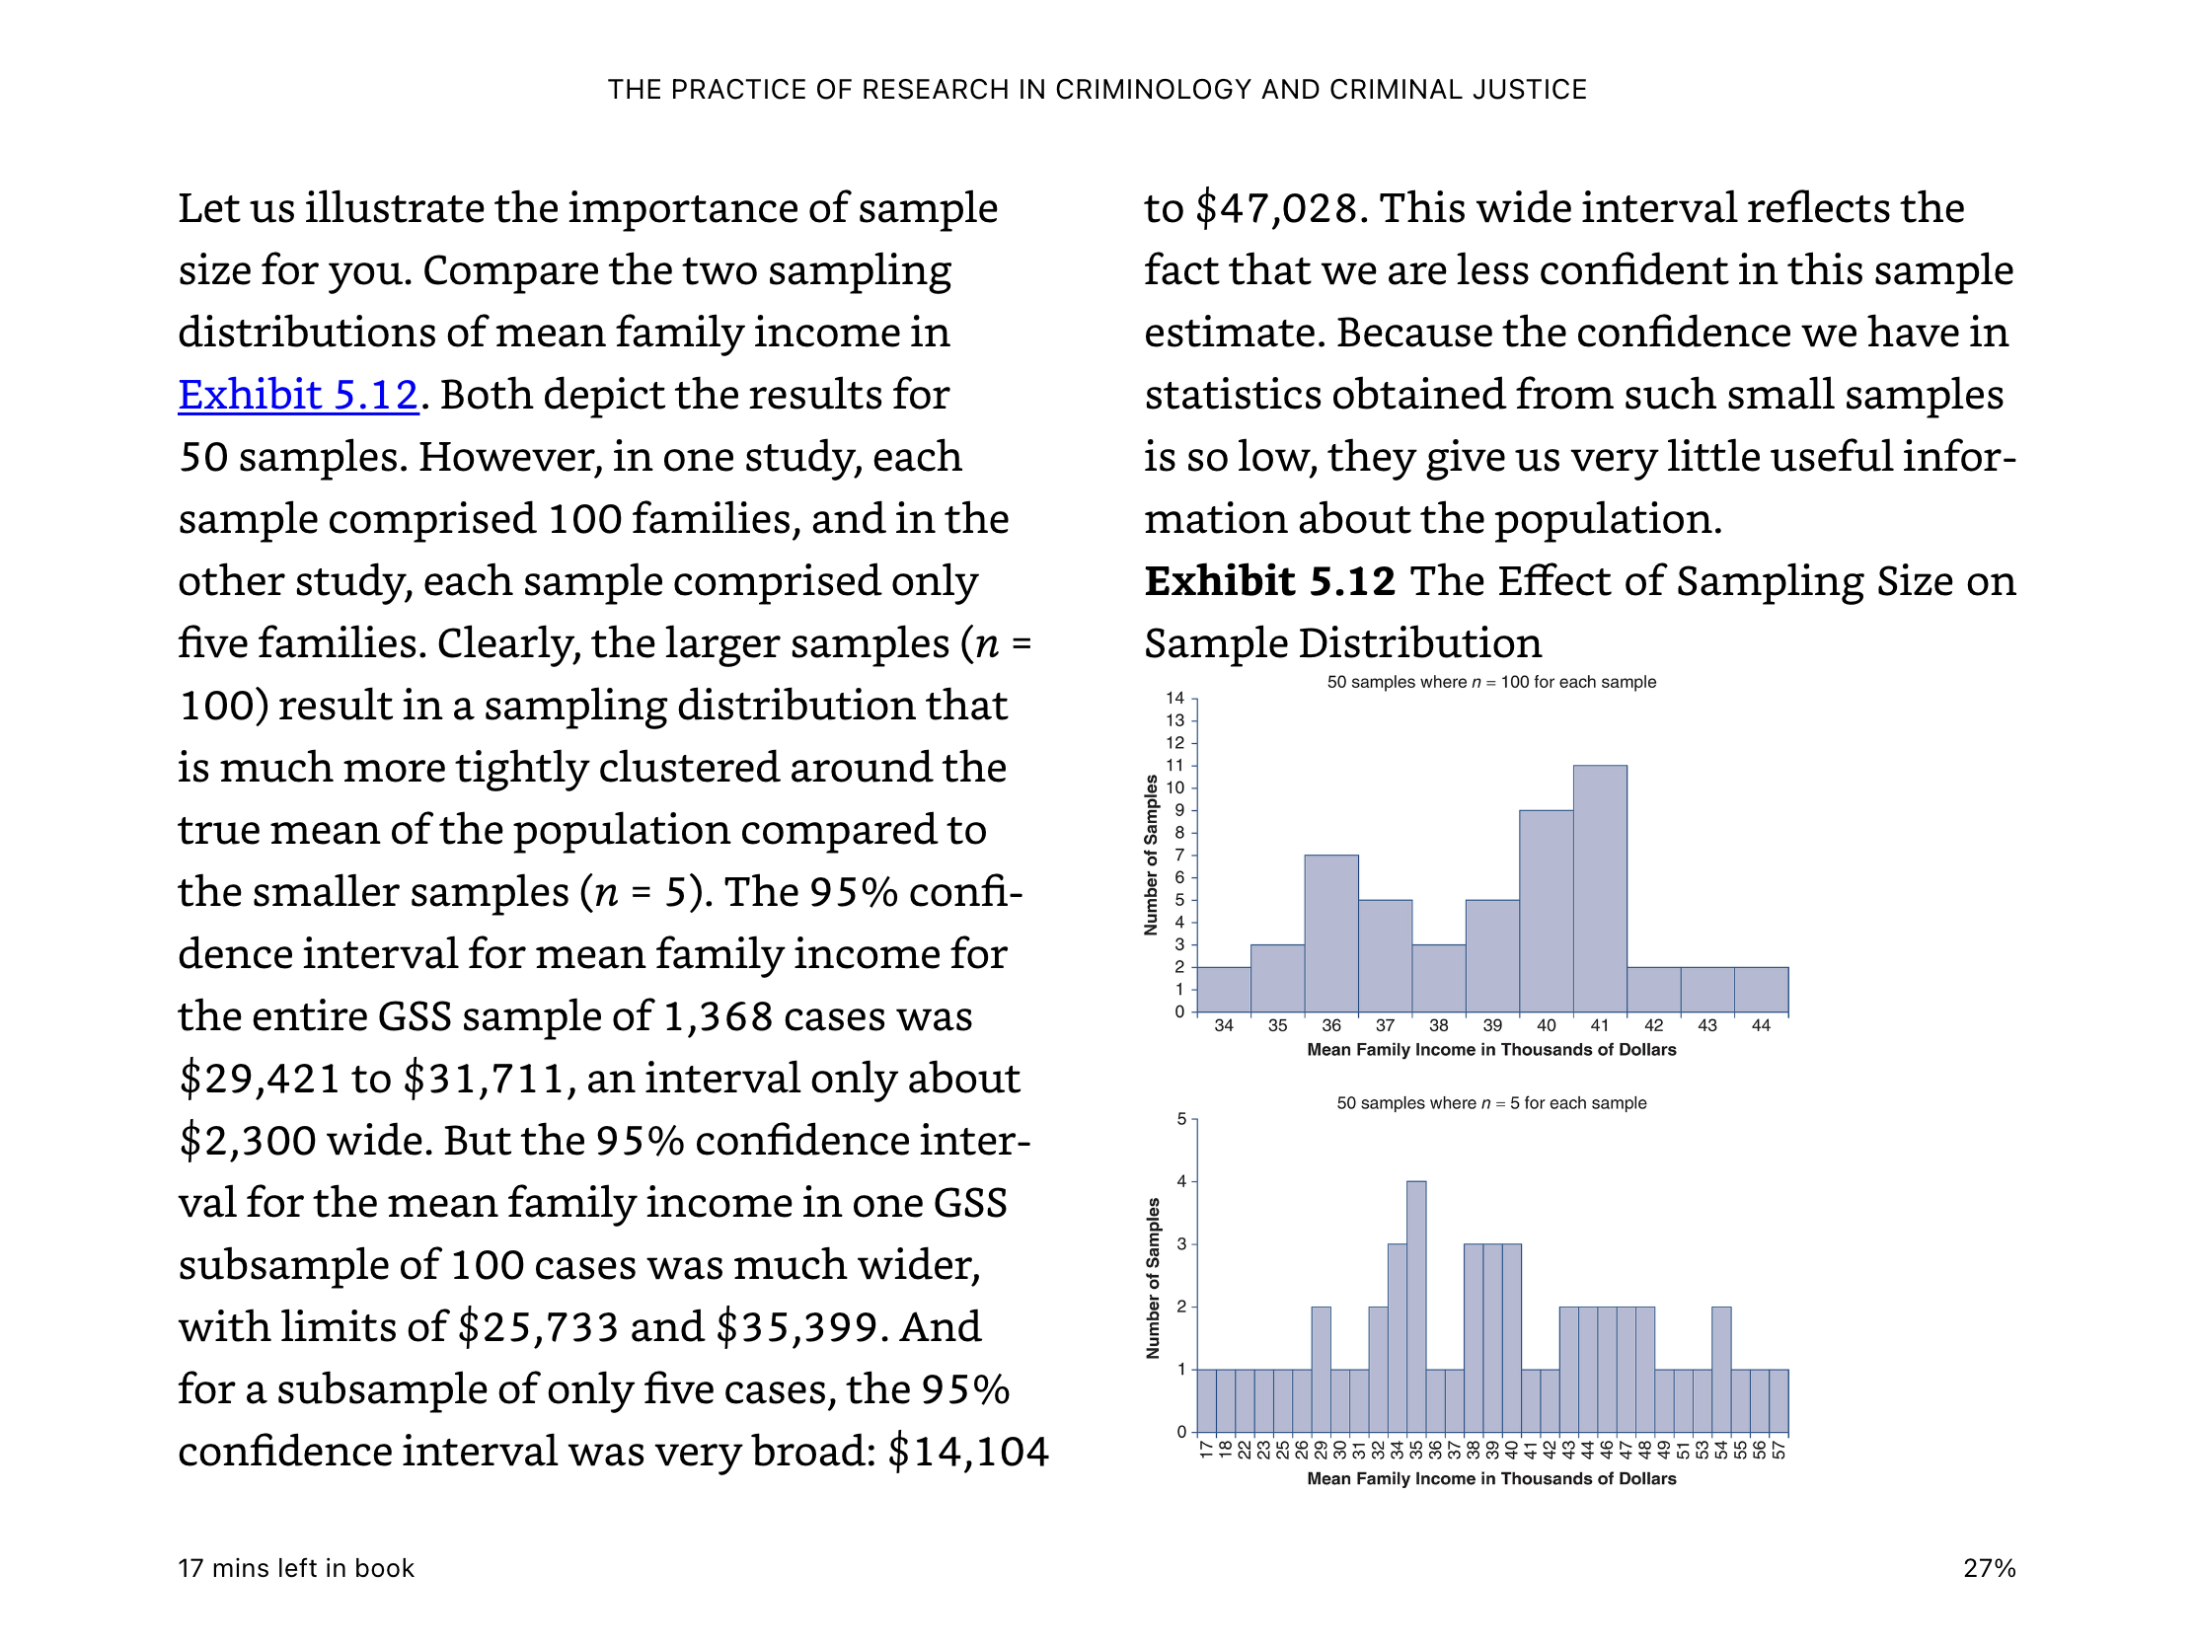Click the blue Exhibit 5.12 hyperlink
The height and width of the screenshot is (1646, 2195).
click(x=298, y=395)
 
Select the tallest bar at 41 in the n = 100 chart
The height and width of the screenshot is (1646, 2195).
click(x=1600, y=889)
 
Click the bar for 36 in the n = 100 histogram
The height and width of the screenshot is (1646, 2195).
click(x=1330, y=934)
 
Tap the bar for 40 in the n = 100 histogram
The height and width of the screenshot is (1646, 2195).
click(x=1546, y=912)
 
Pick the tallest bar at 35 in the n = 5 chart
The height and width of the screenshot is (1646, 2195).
click(x=1416, y=1307)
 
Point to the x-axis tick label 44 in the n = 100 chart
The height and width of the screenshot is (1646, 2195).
click(x=1761, y=1026)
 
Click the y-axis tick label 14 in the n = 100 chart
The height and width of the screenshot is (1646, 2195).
click(x=1174, y=699)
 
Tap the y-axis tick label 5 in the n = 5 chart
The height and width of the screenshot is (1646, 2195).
click(x=1180, y=1119)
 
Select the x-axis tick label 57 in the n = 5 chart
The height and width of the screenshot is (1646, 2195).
click(x=1779, y=1450)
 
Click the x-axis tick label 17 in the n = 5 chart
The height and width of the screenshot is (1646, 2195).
click(x=1206, y=1450)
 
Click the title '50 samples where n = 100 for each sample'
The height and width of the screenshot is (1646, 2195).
click(x=1491, y=683)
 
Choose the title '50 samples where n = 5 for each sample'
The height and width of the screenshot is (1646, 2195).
click(x=1491, y=1103)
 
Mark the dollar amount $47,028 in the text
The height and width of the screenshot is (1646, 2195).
click(x=1276, y=208)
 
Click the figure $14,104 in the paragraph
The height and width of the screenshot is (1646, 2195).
click(x=967, y=1452)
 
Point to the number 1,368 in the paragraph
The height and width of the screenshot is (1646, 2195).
click(x=718, y=1016)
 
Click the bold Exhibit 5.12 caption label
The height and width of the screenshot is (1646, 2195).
click(x=1270, y=581)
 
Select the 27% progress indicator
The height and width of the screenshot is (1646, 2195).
click(x=1990, y=1569)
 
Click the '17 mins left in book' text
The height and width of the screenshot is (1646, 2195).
click(x=296, y=1569)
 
